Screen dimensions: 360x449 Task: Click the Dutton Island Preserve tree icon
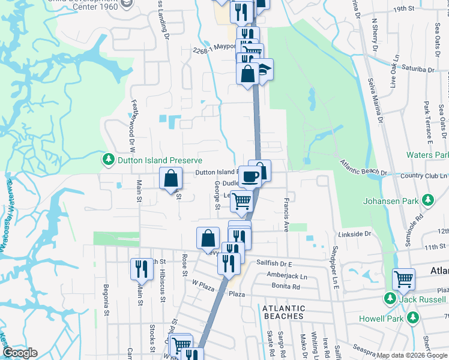click(108, 160)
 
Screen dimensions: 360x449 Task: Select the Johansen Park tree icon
click(427, 199)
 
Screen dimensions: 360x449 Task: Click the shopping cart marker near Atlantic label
click(403, 279)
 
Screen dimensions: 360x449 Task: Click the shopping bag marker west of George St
click(171, 178)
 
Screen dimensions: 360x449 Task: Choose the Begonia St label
click(106, 301)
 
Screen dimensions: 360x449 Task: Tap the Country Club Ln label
click(420, 175)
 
